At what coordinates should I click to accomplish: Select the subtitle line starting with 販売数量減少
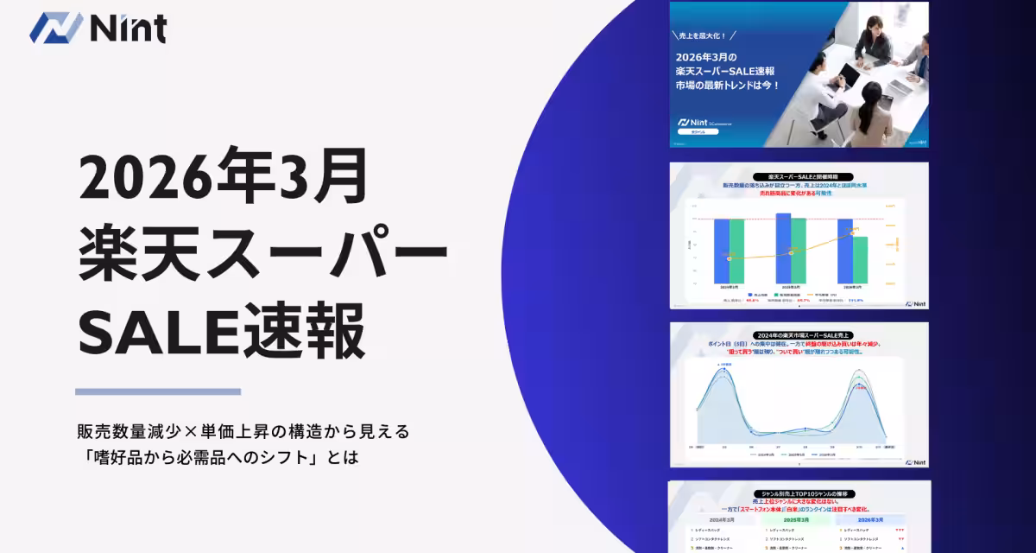[x=243, y=429]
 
